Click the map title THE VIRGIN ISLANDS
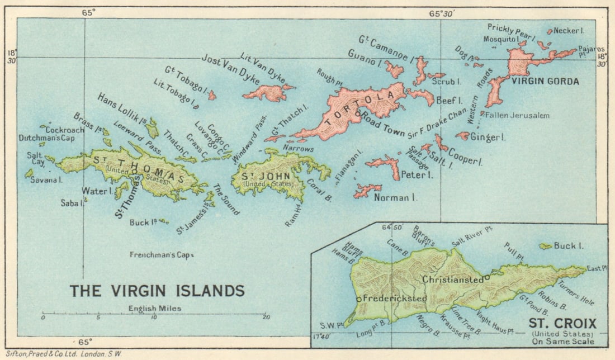coord(157,291)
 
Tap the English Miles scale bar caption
coord(154,307)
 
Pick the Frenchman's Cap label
coord(160,255)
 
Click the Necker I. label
coord(570,31)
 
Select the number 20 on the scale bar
coord(266,318)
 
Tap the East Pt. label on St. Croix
coord(595,269)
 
